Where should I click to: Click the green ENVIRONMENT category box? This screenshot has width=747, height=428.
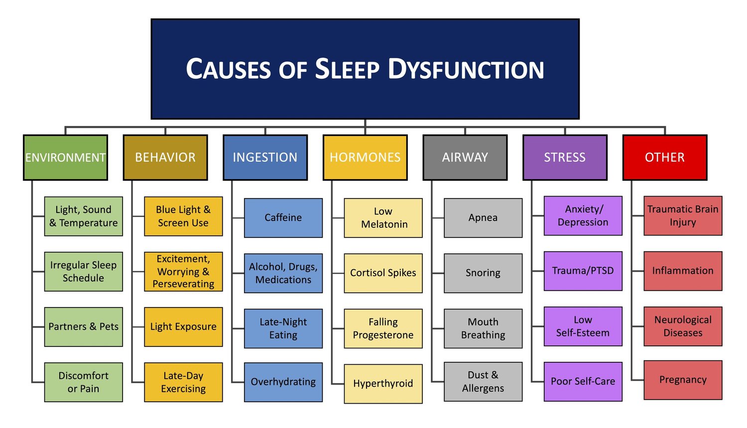[65, 157]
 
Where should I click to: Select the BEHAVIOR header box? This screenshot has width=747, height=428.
[165, 157]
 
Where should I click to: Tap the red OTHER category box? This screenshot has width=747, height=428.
[665, 157]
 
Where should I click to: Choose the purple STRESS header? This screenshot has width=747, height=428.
[565, 157]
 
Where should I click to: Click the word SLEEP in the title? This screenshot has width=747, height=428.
[347, 69]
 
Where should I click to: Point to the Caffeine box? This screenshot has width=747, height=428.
[283, 218]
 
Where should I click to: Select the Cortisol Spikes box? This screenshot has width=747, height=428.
[383, 273]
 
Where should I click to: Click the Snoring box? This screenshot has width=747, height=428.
[483, 273]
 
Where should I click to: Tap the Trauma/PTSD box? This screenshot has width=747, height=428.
[583, 271]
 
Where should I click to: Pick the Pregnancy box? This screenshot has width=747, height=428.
[683, 380]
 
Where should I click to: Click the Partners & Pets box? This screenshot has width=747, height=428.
[83, 326]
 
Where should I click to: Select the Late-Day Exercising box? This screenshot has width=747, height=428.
[183, 382]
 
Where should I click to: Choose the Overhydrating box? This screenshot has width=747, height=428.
[283, 382]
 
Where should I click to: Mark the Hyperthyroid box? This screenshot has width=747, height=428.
[383, 383]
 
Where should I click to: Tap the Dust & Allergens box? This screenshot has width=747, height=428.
[483, 381]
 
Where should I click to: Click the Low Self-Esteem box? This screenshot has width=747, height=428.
[583, 326]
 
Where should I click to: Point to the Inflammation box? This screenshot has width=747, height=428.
[683, 271]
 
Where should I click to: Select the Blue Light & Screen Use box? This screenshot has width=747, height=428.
[183, 216]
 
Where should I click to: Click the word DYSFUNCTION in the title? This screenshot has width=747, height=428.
[466, 69]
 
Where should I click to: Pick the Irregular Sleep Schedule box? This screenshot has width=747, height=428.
[83, 271]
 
